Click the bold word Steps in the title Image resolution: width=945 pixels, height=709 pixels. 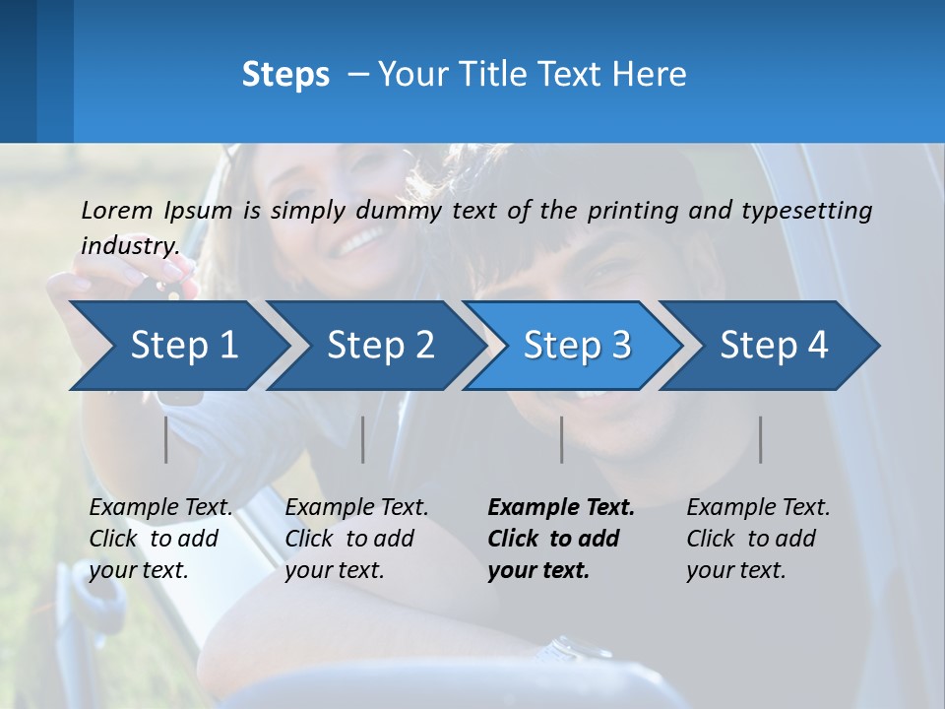285,74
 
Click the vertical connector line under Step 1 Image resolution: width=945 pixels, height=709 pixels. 166,439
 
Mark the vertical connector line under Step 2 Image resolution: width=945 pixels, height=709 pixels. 363,439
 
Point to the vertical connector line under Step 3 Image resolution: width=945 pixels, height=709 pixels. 561,439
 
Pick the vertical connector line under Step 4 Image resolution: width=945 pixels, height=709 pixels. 760,439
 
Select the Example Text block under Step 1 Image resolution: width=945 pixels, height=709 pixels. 160,539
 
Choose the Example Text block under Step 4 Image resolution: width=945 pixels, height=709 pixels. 758,539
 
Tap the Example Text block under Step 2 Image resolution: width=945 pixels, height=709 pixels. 356,539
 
